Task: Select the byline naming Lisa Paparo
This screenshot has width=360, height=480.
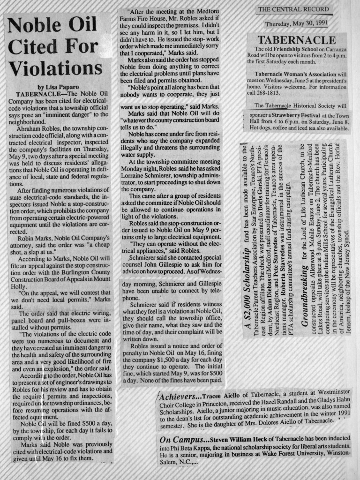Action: tap(59, 87)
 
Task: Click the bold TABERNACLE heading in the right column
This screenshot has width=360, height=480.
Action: tap(296, 40)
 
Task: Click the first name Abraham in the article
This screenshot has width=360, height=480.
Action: tap(31, 128)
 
